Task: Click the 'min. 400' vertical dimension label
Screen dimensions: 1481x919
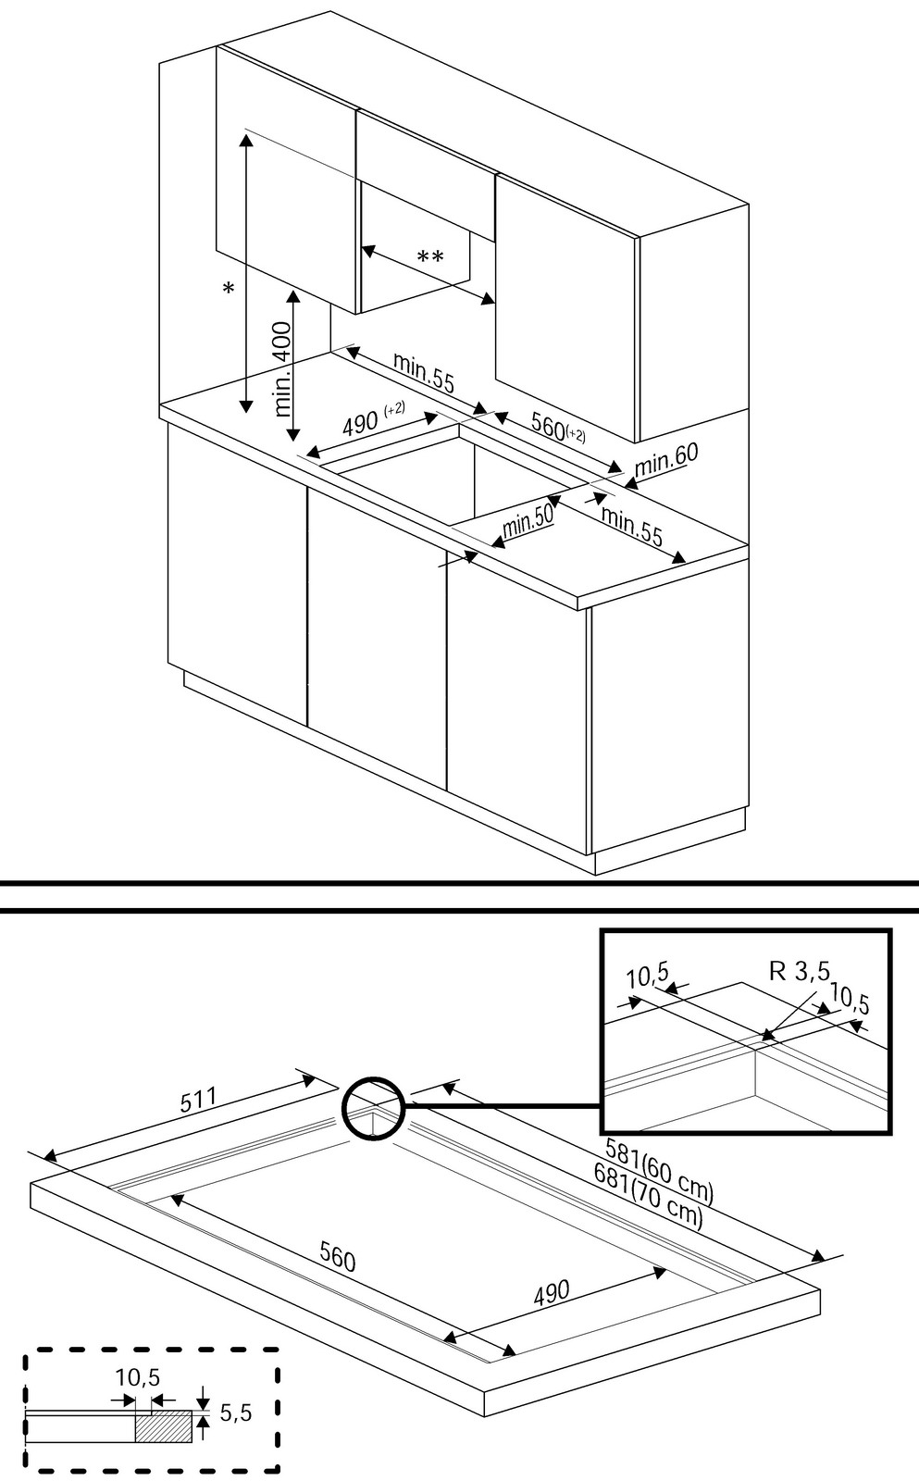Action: tap(284, 369)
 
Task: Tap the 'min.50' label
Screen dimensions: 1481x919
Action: tap(528, 523)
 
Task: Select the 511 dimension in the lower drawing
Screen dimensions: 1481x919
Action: tap(198, 1100)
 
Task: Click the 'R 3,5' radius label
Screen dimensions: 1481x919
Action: tap(800, 971)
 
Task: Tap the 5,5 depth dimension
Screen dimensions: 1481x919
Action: tap(236, 1413)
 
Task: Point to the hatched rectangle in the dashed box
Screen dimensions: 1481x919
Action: tap(164, 1426)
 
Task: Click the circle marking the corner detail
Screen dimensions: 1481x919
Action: tap(373, 1107)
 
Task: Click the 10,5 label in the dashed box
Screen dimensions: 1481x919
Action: tap(138, 1378)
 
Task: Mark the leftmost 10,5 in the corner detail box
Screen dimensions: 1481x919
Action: tap(647, 976)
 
